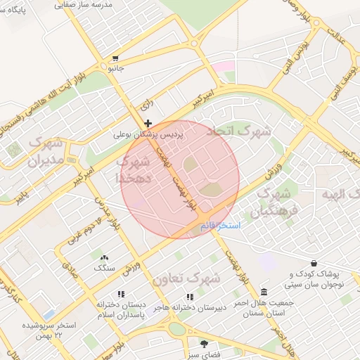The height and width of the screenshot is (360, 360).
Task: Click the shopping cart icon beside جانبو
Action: pos(115,59)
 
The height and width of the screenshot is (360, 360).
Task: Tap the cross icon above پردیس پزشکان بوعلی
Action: pos(148,123)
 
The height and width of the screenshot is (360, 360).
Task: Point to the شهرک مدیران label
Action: pos(46,152)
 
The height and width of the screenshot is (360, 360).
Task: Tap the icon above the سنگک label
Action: pos(105,258)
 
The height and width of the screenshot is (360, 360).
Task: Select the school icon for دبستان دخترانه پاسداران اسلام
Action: pos(121,295)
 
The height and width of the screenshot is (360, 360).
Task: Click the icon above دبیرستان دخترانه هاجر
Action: pos(189,297)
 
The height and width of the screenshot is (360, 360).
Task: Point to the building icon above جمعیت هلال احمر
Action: pos(264,292)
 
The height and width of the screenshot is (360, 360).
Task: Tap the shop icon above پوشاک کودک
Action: pos(314,264)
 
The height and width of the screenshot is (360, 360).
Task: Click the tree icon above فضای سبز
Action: pos(205,344)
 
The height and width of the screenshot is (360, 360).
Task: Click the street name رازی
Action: pos(147,105)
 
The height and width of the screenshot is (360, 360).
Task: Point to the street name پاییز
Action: pos(25,191)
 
